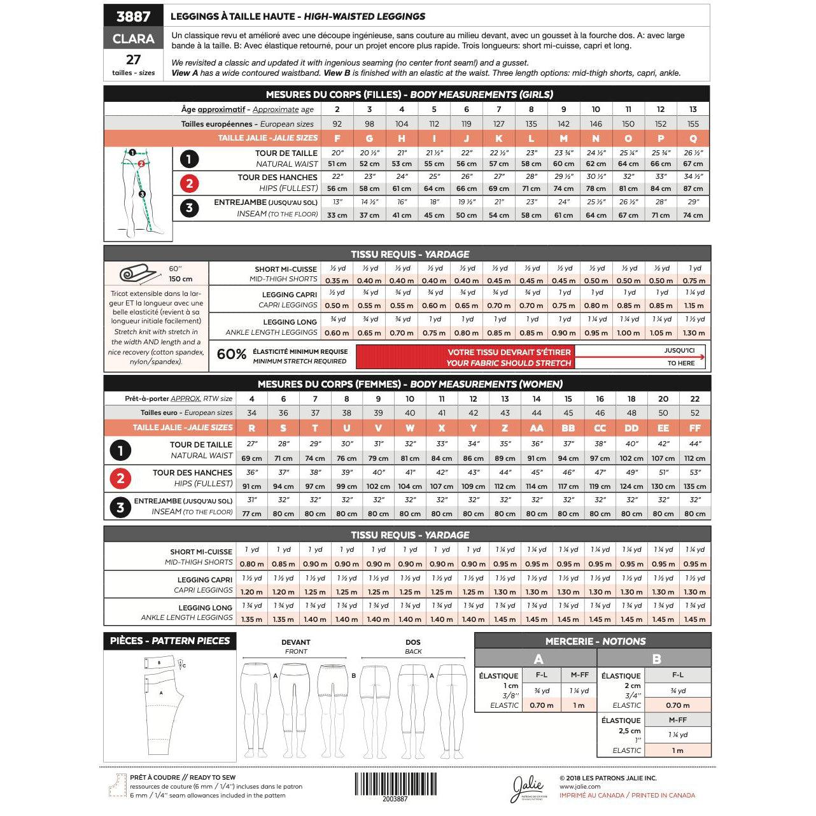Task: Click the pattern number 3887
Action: pos(133,17)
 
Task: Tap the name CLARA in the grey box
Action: pos(133,39)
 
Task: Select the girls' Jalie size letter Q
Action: pos(693,139)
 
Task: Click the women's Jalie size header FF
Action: pos(694,428)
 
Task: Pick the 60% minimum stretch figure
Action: pos(232,355)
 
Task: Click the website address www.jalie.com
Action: pos(580,787)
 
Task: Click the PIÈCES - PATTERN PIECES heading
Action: pos(169,641)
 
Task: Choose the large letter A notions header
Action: pos(538,659)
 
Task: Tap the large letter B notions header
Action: pos(656,659)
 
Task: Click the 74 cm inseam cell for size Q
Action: pos(693,215)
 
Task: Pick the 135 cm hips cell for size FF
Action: pos(694,486)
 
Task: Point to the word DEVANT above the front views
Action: pos(296,642)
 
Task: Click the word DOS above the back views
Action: pos(413,642)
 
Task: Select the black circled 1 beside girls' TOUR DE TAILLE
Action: pos(189,158)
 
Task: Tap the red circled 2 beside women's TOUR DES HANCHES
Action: pos(120,478)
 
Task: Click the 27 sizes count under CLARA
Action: pos(133,60)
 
